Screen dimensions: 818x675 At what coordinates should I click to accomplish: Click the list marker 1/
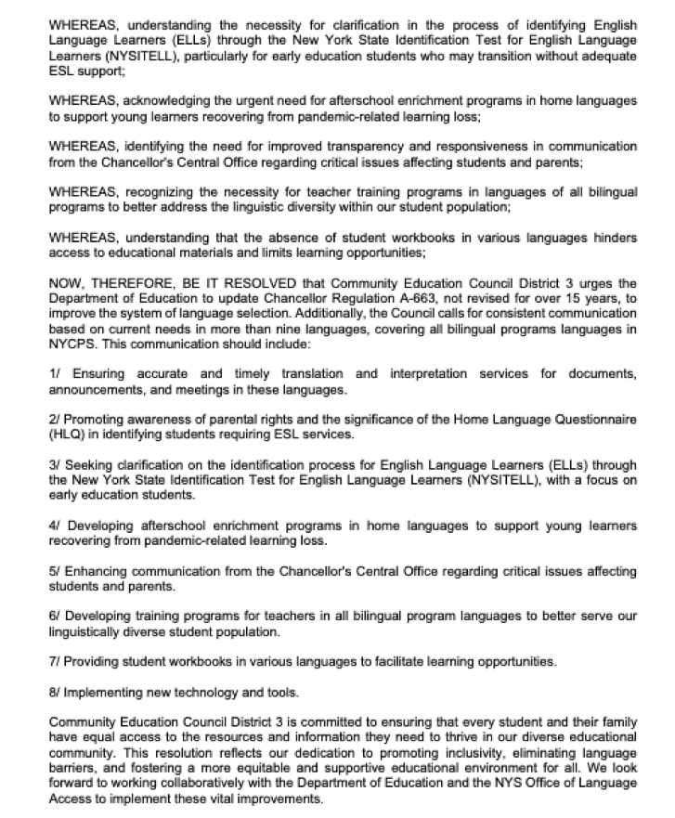56,373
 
